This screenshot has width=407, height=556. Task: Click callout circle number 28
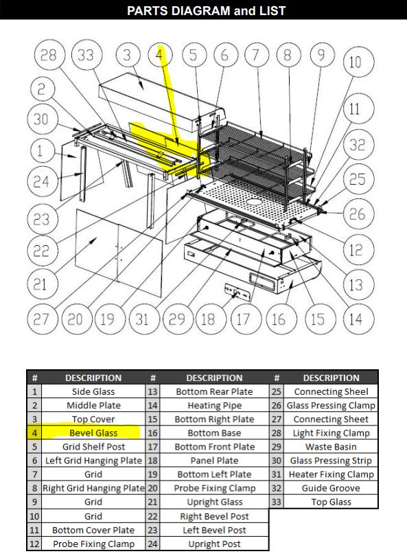pyautogui.click(x=49, y=56)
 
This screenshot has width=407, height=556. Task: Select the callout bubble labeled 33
pyautogui.click(x=86, y=56)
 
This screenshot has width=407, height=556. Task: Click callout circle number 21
pyautogui.click(x=42, y=283)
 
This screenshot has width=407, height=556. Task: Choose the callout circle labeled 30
pyautogui.click(x=42, y=119)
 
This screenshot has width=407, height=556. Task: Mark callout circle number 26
pyautogui.click(x=356, y=215)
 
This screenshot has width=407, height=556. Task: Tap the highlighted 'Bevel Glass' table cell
pyautogui.click(x=93, y=433)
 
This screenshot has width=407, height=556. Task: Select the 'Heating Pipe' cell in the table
pyautogui.click(x=214, y=406)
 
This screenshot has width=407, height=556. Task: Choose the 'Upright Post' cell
pyautogui.click(x=214, y=544)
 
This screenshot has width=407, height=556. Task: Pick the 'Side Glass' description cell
pyautogui.click(x=93, y=392)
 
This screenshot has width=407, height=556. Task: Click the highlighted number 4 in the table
pyautogui.click(x=34, y=433)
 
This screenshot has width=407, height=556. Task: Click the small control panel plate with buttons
pyautogui.click(x=237, y=291)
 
